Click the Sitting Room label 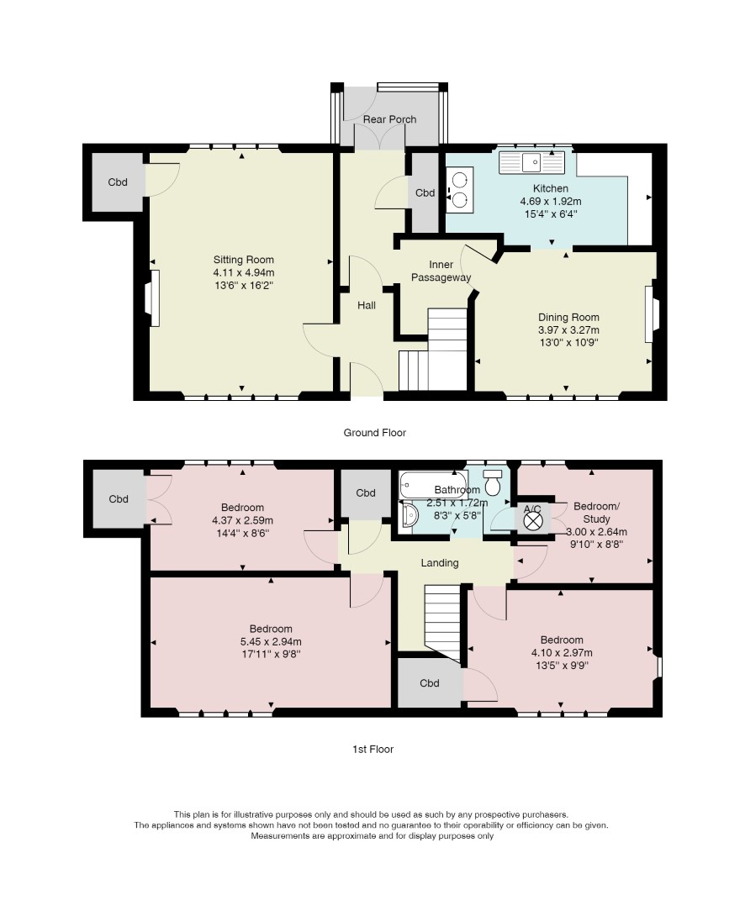[243, 260]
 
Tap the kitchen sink [531, 162]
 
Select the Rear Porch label [389, 119]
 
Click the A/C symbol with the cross [533, 520]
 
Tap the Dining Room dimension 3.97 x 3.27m [568, 330]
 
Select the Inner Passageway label [441, 271]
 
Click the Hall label [367, 305]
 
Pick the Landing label [440, 563]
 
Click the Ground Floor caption [374, 433]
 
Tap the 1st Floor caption [372, 750]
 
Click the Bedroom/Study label [596, 513]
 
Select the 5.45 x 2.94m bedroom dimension [271, 641]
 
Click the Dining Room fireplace [651, 313]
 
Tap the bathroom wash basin [408, 514]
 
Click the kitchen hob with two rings [459, 190]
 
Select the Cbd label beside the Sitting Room [118, 182]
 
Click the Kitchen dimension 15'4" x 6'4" [550, 213]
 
